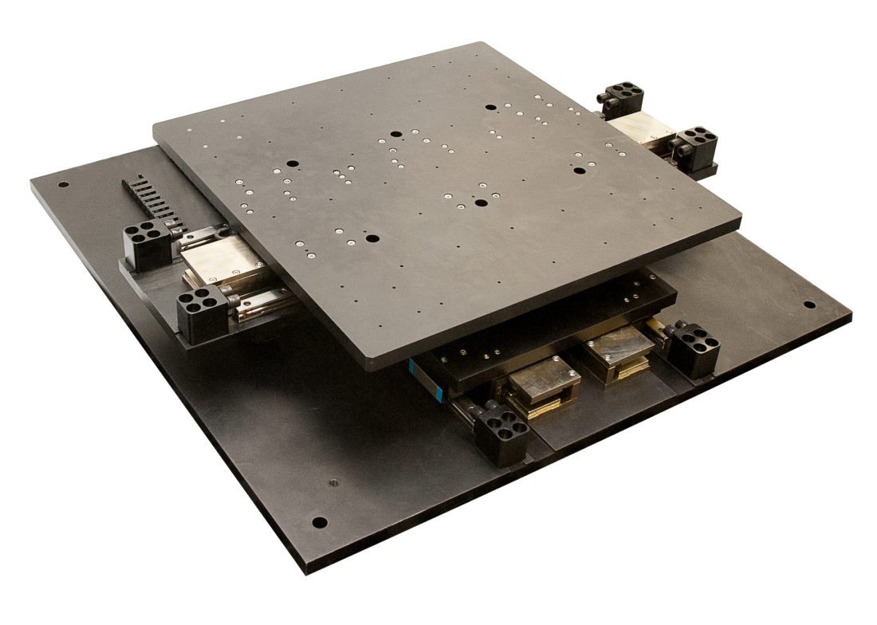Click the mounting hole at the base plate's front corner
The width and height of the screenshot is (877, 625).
pos(319,523)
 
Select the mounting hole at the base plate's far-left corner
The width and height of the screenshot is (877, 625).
pos(63,185)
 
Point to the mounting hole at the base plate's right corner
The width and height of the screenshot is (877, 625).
pos(809,305)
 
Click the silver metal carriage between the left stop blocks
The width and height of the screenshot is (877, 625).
pos(219,261)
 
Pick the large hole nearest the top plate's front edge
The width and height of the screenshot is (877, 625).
pos(371,238)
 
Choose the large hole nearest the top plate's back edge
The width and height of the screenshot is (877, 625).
pos(490,107)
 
